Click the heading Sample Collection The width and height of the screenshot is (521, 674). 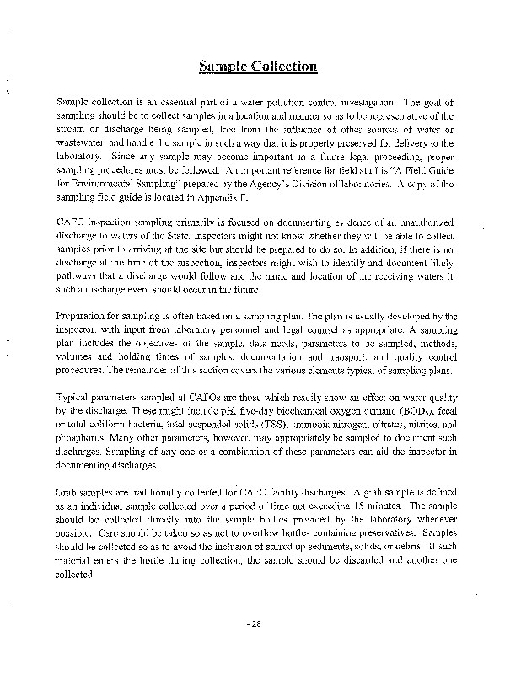[258, 67]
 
